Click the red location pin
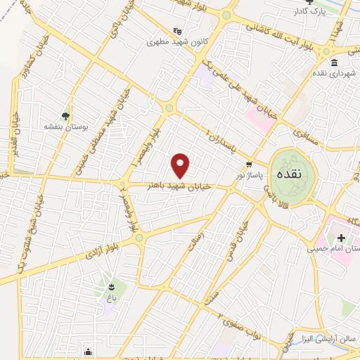(x=181, y=165)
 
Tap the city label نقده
(x=290, y=173)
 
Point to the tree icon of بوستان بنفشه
(x=65, y=116)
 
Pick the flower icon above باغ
(x=110, y=286)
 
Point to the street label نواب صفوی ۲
(x=240, y=323)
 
